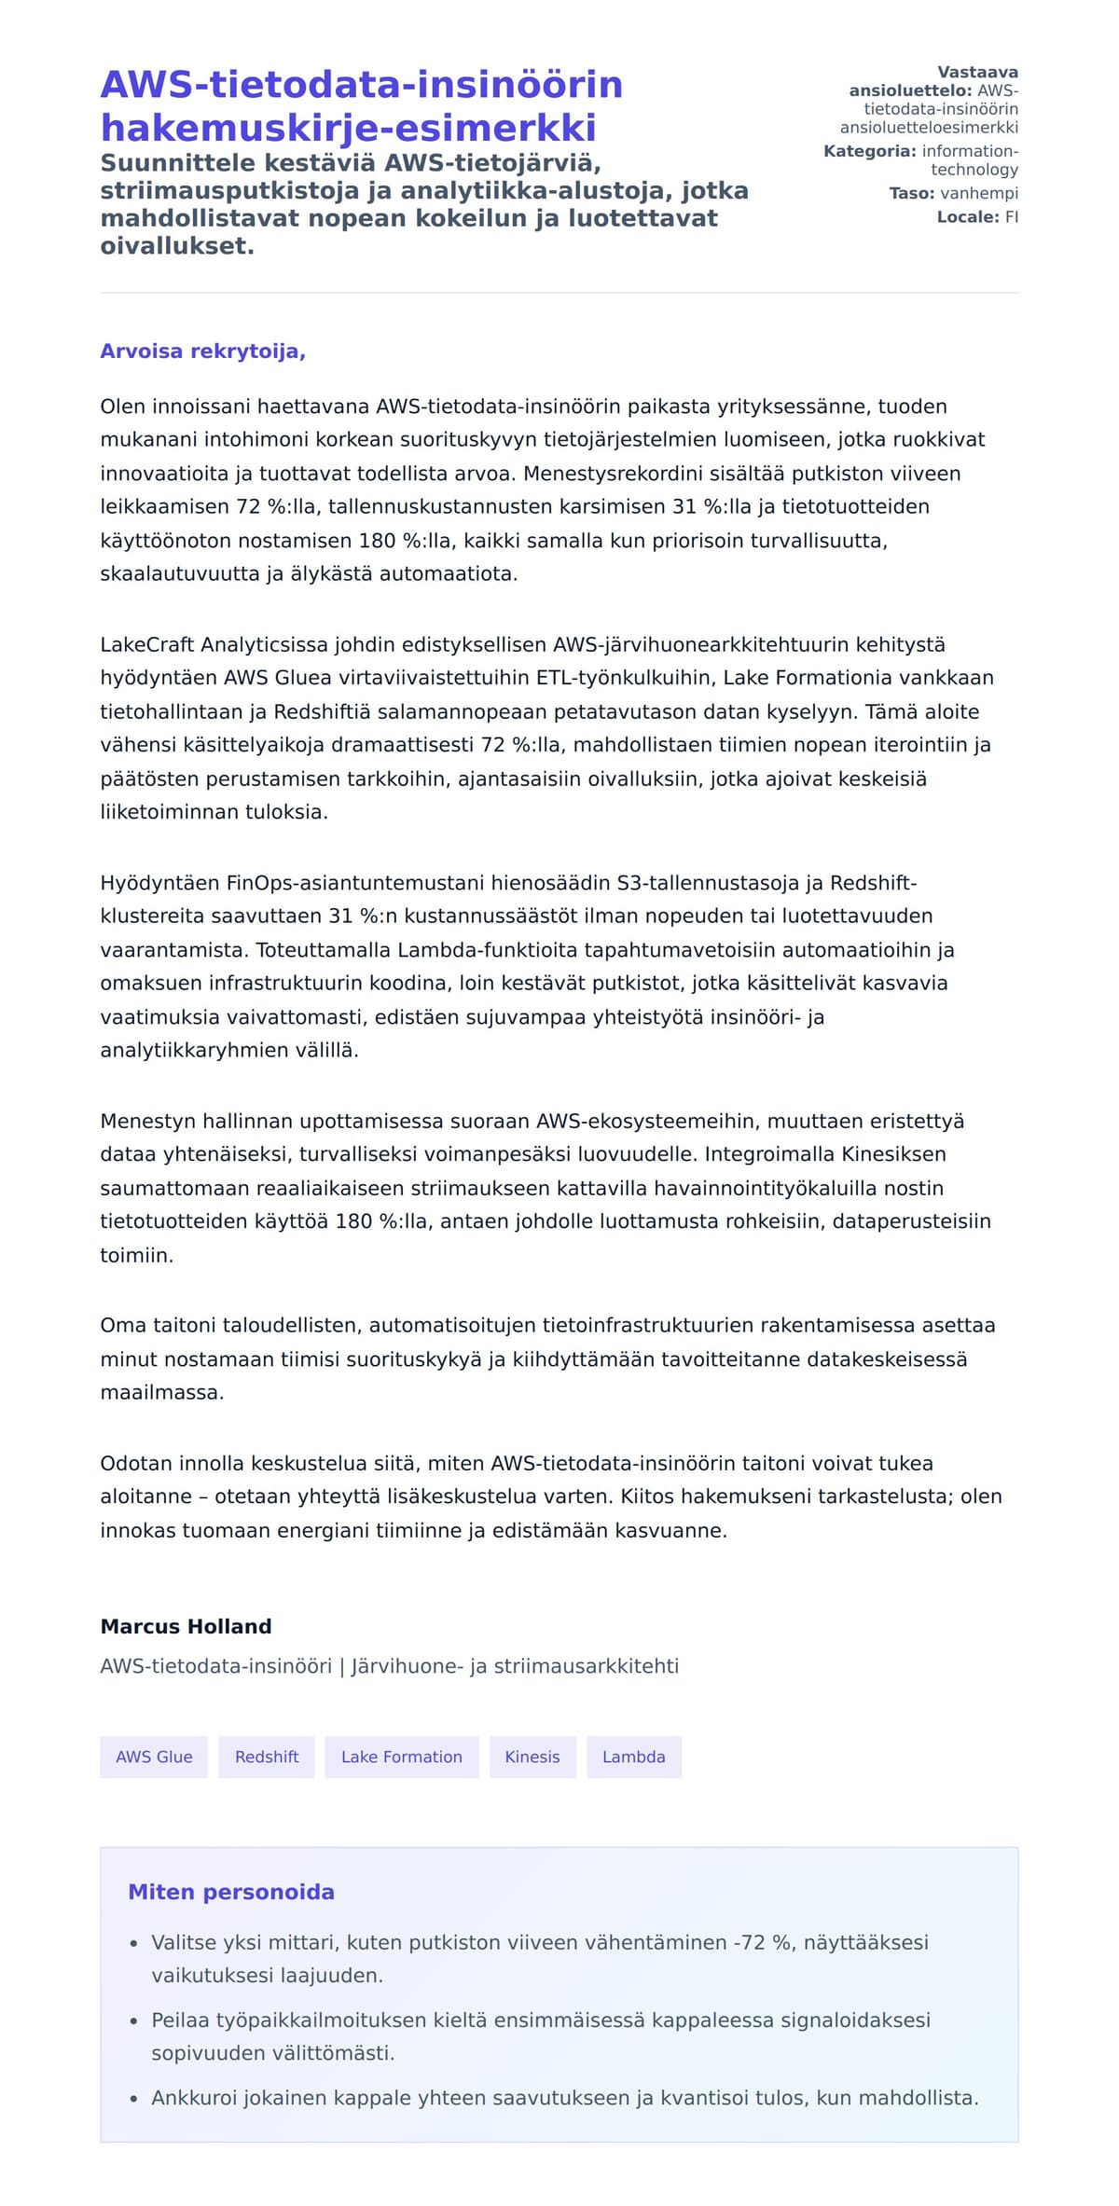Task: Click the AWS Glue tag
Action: pos(154,1757)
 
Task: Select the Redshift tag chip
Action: pos(267,1757)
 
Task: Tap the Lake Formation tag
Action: pos(401,1757)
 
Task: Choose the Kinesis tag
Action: pos(532,1757)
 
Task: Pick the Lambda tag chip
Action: pos(634,1757)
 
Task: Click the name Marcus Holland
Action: pos(186,1626)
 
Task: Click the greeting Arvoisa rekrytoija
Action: pos(202,352)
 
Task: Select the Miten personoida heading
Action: pos(230,1892)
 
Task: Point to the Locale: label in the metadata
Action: pos(967,217)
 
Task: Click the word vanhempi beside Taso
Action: pos(979,194)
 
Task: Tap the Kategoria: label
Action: pos(869,151)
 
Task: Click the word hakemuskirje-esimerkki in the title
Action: pos(348,128)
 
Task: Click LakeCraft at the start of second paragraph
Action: pos(147,645)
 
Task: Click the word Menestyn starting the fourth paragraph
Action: pos(149,1121)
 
